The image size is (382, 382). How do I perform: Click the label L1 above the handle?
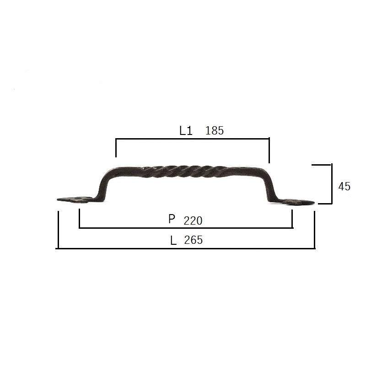click(186, 130)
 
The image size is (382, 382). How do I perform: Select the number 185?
click(215, 130)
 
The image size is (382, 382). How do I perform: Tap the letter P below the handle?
click(172, 219)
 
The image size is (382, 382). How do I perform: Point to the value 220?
click(193, 221)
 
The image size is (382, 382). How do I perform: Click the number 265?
click(194, 240)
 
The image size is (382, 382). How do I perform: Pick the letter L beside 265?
click(173, 241)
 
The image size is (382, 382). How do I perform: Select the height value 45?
click(344, 187)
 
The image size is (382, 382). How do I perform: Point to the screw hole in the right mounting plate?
click(294, 202)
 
